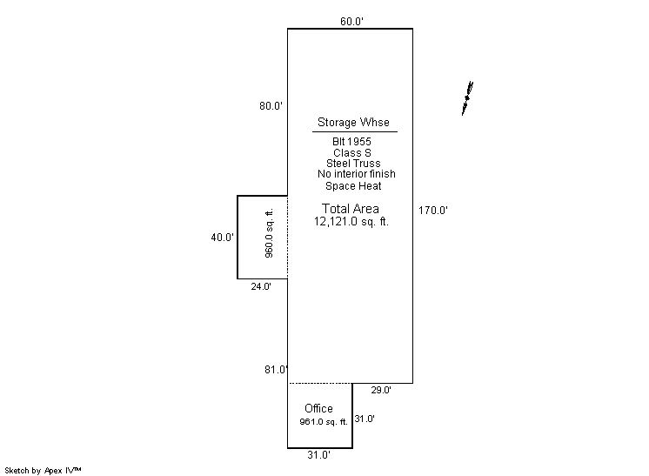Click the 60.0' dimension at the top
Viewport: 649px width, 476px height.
[351, 21]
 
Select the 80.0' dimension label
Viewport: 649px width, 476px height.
[271, 105]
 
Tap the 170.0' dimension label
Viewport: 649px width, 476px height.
[433, 211]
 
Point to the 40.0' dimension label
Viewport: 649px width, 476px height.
[222, 238]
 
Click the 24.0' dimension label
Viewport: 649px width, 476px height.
[261, 286]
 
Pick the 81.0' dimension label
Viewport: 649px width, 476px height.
[276, 369]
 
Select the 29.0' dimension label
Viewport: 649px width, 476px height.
[381, 390]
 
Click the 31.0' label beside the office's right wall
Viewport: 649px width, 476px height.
[365, 419]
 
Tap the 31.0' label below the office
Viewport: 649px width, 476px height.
[318, 455]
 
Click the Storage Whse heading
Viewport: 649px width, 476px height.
[353, 122]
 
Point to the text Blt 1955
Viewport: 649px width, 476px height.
[351, 142]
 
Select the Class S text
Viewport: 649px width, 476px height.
[352, 153]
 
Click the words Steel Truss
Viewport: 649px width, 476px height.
[353, 163]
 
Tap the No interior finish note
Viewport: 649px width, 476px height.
[357, 174]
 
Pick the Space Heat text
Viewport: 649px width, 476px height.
[353, 186]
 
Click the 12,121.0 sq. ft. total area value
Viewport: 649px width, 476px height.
[351, 221]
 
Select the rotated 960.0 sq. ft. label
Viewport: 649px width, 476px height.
[269, 233]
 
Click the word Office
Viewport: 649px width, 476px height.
[318, 408]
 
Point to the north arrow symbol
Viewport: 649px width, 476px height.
[467, 98]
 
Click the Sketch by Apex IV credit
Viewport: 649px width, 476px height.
[43, 470]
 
